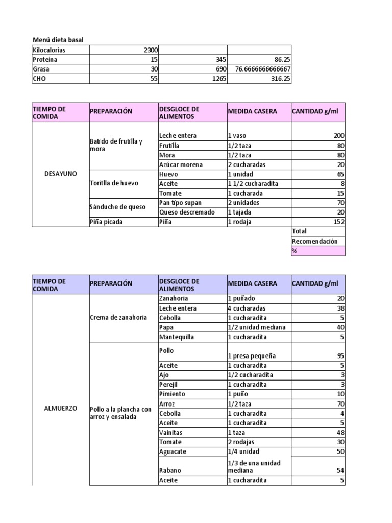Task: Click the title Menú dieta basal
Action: coord(58,40)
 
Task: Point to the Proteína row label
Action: coord(45,60)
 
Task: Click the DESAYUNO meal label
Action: coord(61,174)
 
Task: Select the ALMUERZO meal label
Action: coord(61,409)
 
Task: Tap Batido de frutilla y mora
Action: coord(116,145)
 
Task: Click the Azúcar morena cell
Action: coord(181,164)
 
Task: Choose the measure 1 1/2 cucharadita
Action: coord(253,183)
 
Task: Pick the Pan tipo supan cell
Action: coord(181,203)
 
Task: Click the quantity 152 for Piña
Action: coord(338,222)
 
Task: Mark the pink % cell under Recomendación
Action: coord(318,251)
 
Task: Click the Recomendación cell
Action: coord(314,241)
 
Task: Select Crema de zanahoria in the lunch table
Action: coord(118,317)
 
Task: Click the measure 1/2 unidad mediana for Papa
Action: coord(257,327)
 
